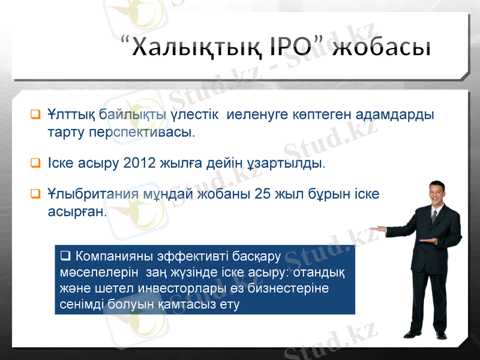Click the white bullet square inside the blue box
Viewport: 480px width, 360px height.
tap(65, 257)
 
